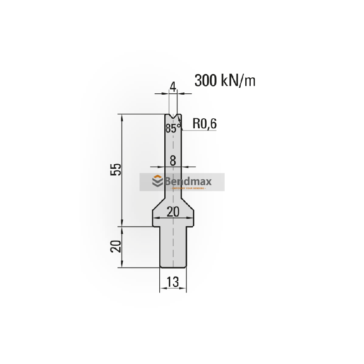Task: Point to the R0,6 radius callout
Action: (x=205, y=123)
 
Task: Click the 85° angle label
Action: (x=172, y=128)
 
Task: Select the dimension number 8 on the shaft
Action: (x=172, y=160)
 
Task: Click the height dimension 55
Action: (x=116, y=169)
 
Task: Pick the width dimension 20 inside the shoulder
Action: (x=172, y=212)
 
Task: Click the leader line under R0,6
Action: (x=200, y=130)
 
